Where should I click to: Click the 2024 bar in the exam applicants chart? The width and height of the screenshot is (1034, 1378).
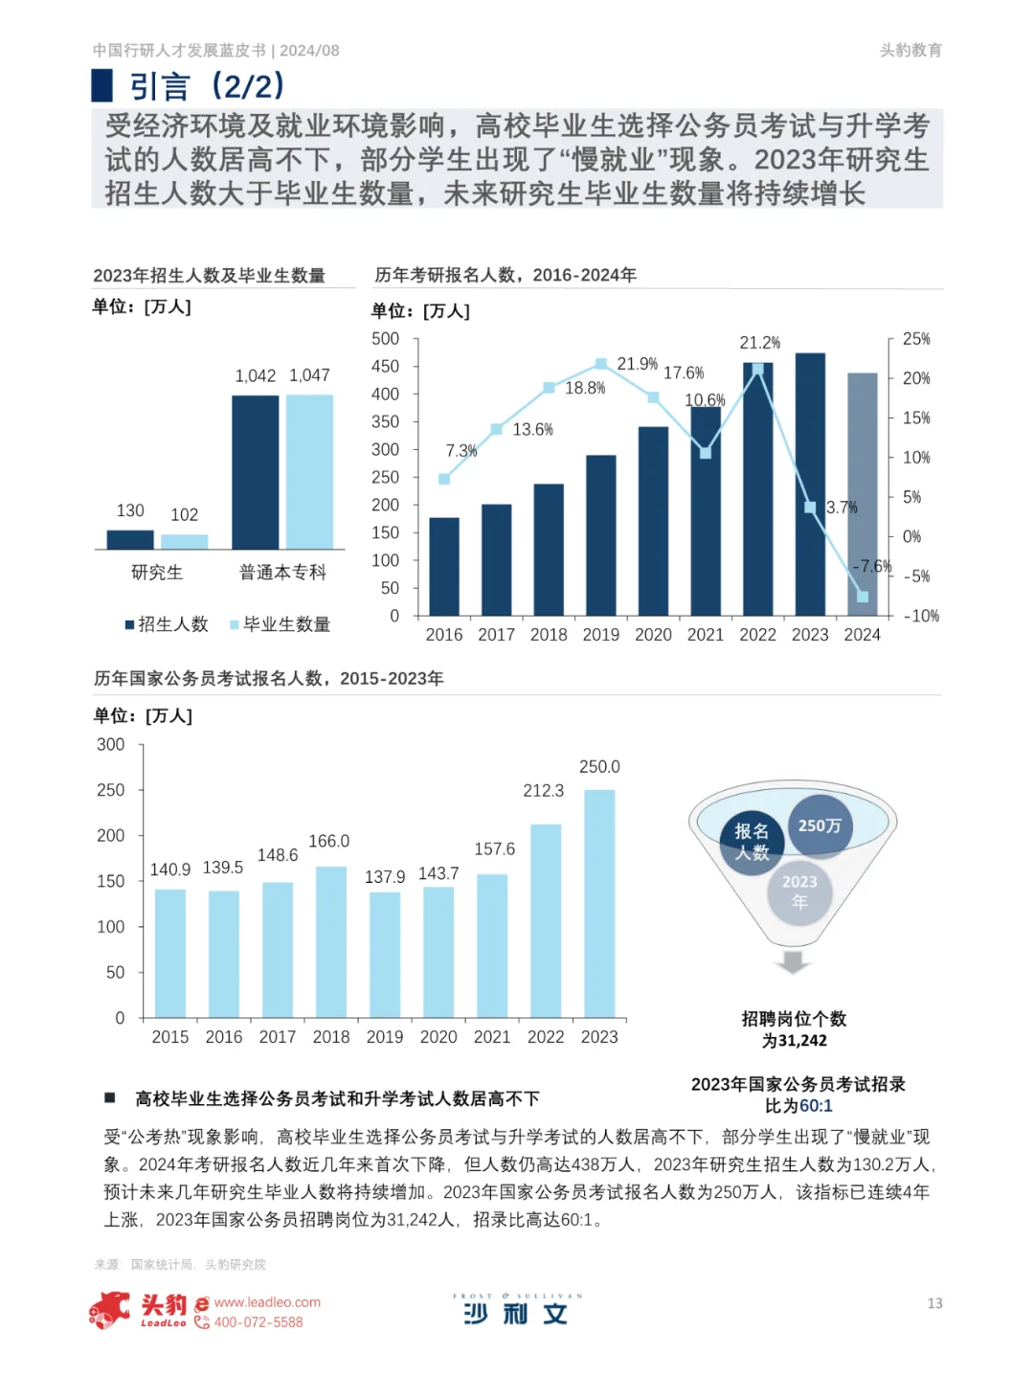tap(862, 493)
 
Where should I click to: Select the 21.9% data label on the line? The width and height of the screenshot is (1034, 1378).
tap(637, 364)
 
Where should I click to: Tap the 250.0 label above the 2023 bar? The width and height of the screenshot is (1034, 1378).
tap(599, 767)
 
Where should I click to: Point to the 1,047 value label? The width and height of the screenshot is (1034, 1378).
tap(309, 375)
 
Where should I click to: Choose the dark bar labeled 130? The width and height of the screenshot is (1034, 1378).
tap(130, 539)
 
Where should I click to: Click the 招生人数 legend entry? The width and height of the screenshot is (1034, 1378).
tap(167, 624)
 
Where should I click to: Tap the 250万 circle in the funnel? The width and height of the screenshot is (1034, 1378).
tap(820, 825)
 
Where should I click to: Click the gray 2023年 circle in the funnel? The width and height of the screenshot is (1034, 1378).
tap(799, 892)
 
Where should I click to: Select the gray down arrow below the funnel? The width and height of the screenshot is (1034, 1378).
tap(793, 961)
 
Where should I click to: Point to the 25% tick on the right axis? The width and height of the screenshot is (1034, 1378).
tap(916, 339)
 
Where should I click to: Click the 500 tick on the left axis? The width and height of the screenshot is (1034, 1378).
tap(386, 339)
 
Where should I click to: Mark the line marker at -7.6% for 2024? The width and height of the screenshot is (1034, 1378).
tap(862, 597)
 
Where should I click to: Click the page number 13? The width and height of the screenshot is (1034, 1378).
tap(934, 1303)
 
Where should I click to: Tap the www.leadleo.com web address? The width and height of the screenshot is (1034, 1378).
tap(267, 1302)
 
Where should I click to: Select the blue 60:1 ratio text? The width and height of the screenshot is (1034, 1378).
tap(816, 1106)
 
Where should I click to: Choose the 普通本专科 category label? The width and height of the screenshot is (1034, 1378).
tap(282, 573)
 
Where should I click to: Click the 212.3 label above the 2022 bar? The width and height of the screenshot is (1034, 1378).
tap(543, 791)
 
